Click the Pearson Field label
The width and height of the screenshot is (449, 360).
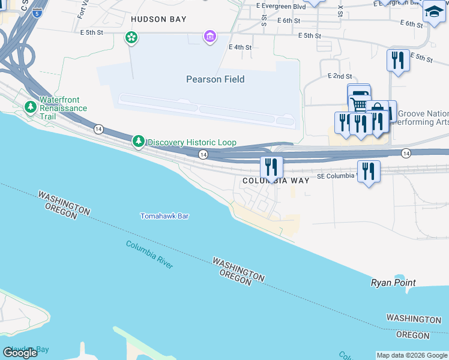(x=215, y=79)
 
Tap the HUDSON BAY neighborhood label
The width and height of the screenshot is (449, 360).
(x=158, y=19)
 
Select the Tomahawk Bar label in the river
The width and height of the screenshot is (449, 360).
(x=164, y=216)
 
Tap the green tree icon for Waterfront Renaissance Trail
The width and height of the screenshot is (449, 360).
(x=31, y=107)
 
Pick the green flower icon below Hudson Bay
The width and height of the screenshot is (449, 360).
(x=131, y=38)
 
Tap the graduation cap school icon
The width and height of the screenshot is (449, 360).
(x=434, y=11)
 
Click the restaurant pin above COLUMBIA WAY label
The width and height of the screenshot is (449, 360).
(x=271, y=167)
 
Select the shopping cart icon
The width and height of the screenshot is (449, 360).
(x=360, y=105)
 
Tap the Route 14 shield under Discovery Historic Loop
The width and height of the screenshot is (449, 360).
(x=203, y=155)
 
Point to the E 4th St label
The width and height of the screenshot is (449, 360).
(x=240, y=47)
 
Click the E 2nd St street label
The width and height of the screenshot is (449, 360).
(x=340, y=76)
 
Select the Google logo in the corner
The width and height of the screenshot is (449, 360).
(x=20, y=353)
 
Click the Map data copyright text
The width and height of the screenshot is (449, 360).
(x=412, y=355)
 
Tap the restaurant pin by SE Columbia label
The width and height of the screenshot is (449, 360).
(x=368, y=172)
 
